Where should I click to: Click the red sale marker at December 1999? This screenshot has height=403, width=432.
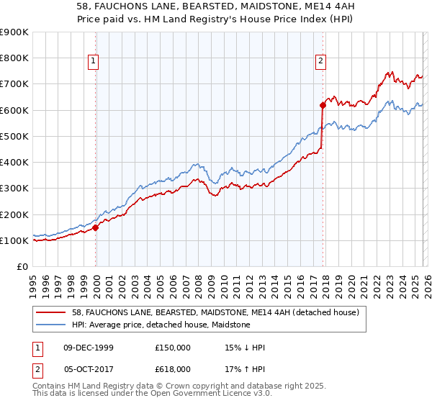point(96,227)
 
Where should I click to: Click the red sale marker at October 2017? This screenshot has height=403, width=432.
point(323,105)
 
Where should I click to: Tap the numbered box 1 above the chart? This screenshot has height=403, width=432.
point(94,62)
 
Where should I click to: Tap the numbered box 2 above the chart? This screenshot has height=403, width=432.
point(320,62)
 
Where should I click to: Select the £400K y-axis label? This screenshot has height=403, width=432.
point(14,163)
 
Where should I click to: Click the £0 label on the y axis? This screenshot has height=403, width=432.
point(22,267)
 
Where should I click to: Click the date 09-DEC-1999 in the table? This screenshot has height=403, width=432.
point(88,348)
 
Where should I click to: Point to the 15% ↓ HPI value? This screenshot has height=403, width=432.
point(245,348)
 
